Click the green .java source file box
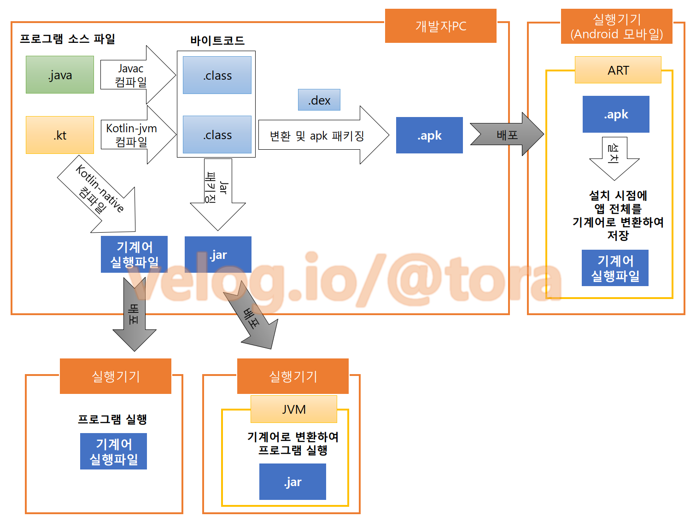point(60,75)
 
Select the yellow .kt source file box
point(60,135)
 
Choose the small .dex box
point(319,100)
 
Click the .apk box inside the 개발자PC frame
point(429,135)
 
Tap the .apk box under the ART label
point(616,114)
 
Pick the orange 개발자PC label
point(441,26)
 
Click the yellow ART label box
point(618,70)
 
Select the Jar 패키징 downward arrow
point(218,194)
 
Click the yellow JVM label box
point(294,409)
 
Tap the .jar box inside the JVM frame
point(292,482)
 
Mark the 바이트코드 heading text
point(217,41)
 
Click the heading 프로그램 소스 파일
point(68,39)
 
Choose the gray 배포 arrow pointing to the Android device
point(507,135)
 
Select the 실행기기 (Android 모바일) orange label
point(617,27)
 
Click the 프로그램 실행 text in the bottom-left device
point(112,419)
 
